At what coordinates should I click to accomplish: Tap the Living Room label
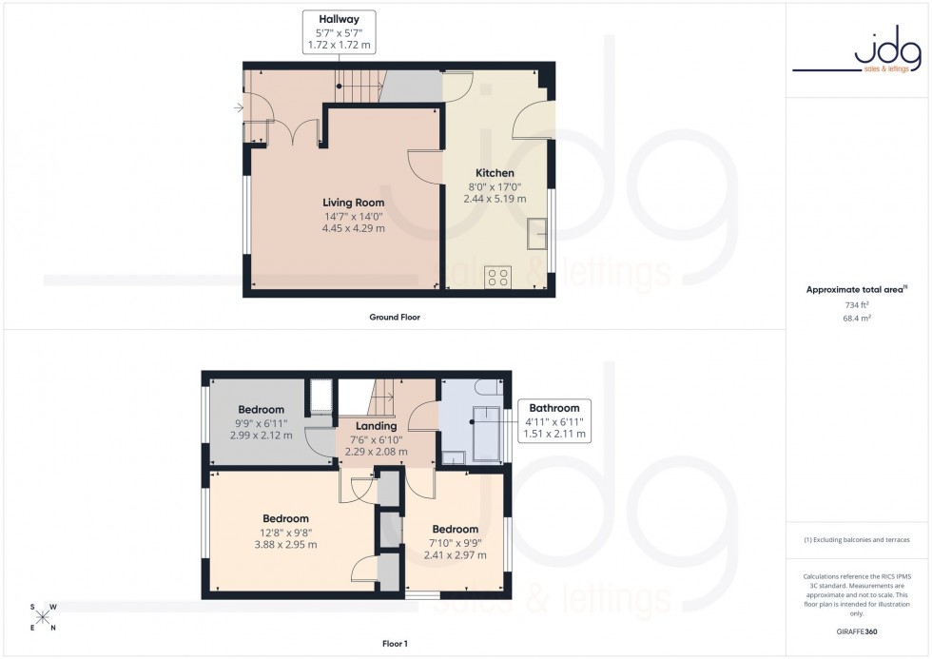click(x=353, y=203)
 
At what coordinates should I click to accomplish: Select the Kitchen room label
click(x=495, y=173)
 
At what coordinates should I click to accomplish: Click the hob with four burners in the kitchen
click(x=497, y=278)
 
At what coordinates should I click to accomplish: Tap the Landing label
click(x=376, y=426)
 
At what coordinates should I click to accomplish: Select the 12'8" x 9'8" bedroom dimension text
click(x=285, y=532)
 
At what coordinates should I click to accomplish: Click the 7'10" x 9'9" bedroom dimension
click(x=455, y=542)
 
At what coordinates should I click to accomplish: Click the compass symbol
click(x=43, y=615)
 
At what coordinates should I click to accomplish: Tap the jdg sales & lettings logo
click(x=857, y=51)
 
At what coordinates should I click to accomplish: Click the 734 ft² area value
click(x=857, y=305)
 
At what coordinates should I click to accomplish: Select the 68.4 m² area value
click(x=857, y=319)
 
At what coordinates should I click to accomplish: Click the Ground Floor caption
click(x=394, y=317)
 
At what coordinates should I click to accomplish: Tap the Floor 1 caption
click(x=394, y=644)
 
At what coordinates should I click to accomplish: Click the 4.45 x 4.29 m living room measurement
click(x=353, y=228)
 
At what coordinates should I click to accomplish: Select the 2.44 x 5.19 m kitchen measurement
click(x=495, y=199)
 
